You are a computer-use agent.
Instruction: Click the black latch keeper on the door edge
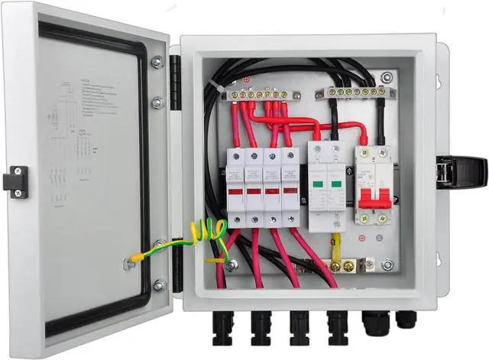pyautogui.click(x=15, y=182)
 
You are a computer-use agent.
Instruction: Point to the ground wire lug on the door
pyautogui.click(x=131, y=263)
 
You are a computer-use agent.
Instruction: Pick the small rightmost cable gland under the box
pyautogui.click(x=406, y=316)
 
